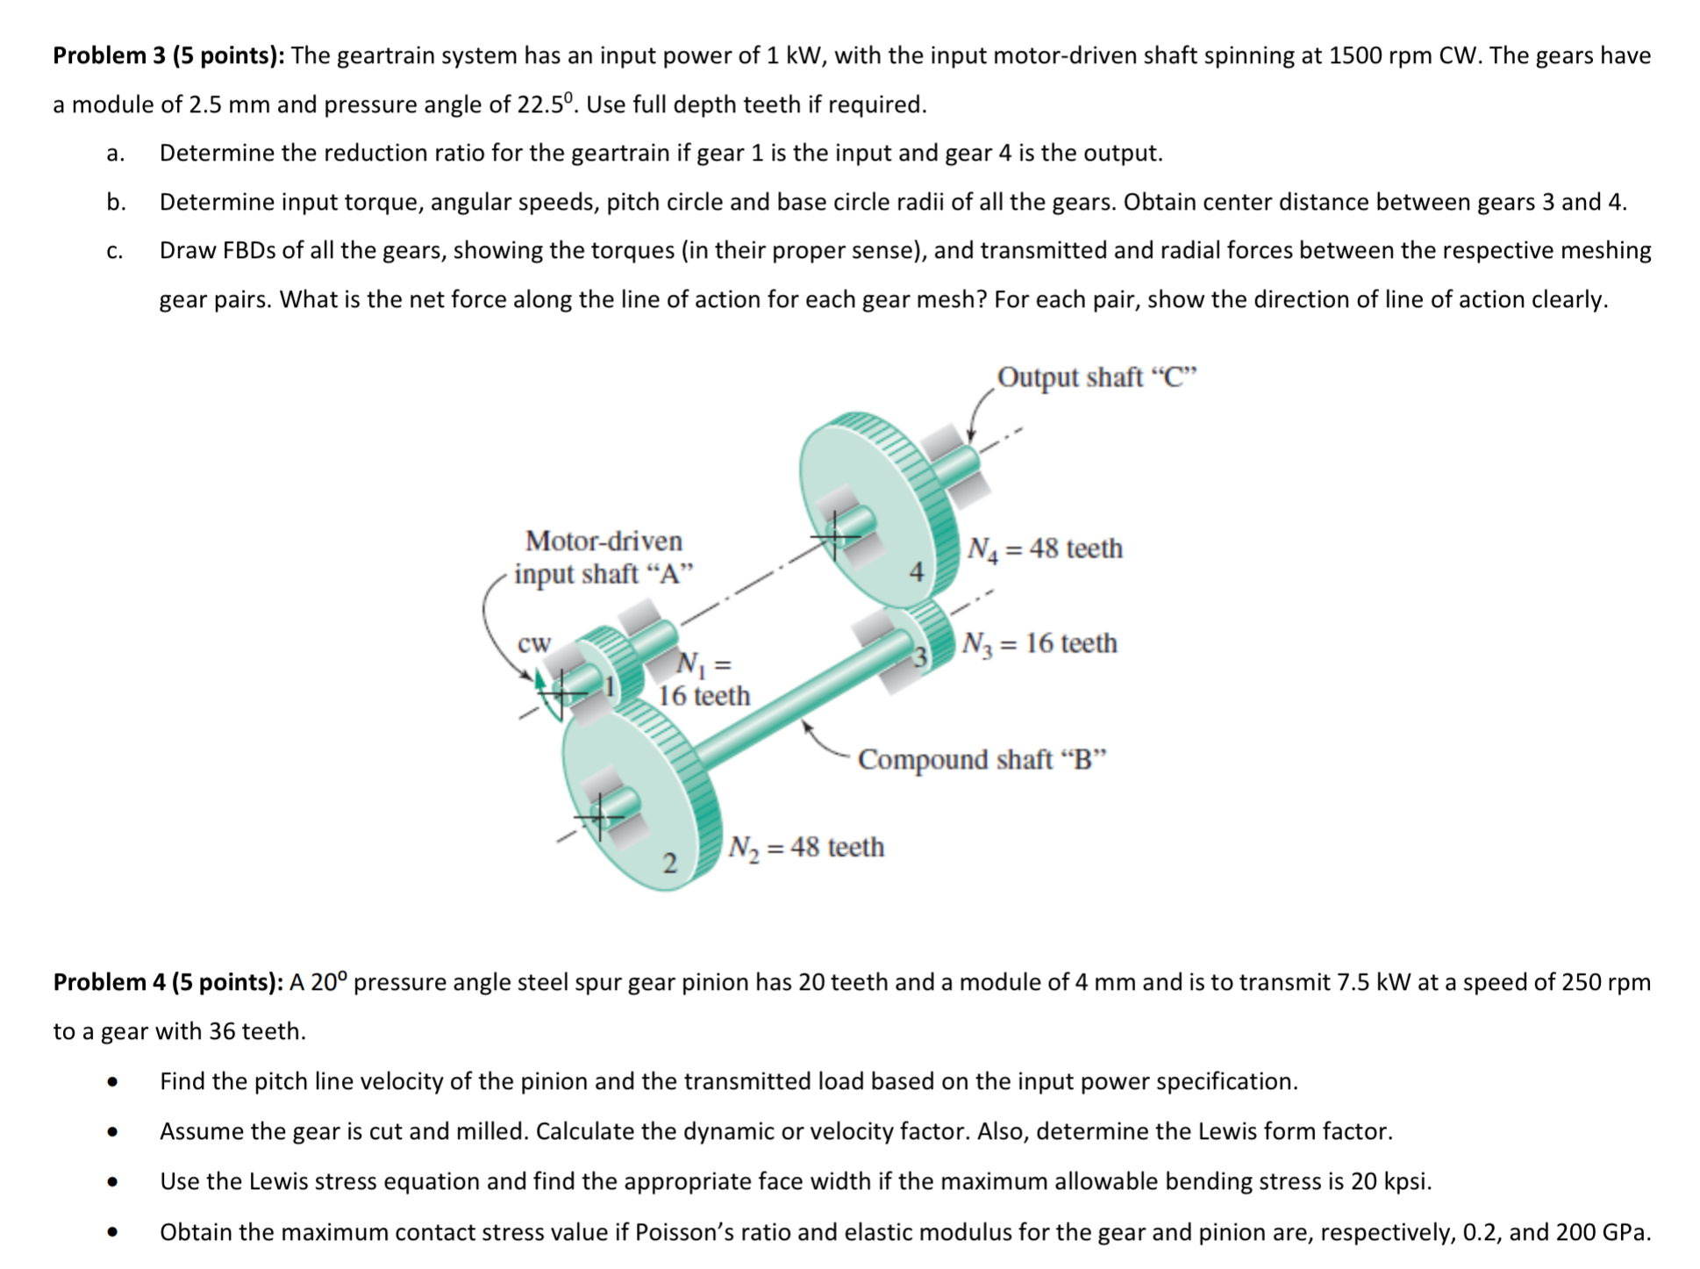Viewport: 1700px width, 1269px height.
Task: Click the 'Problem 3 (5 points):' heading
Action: [168, 56]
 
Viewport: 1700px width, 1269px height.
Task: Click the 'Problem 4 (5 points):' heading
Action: [168, 981]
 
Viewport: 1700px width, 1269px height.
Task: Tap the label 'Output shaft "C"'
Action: [1096, 377]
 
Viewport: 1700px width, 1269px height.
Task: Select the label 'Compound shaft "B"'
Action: [982, 759]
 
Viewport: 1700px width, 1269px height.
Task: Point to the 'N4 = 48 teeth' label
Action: [1044, 549]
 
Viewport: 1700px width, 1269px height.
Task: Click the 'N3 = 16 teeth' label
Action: [1039, 644]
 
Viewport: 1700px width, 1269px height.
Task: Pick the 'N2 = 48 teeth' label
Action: [806, 848]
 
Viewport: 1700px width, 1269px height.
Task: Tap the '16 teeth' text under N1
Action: [704, 696]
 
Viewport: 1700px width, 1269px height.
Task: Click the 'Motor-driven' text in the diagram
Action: [604, 541]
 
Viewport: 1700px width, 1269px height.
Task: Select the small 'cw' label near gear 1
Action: [533, 643]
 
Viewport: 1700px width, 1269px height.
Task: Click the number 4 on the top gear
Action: [916, 573]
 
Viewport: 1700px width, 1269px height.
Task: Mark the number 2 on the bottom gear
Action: [669, 864]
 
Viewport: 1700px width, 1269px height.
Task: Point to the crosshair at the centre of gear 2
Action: [599, 817]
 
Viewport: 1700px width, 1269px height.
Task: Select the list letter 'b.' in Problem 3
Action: [116, 203]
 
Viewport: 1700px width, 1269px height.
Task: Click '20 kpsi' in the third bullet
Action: [1389, 1181]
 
